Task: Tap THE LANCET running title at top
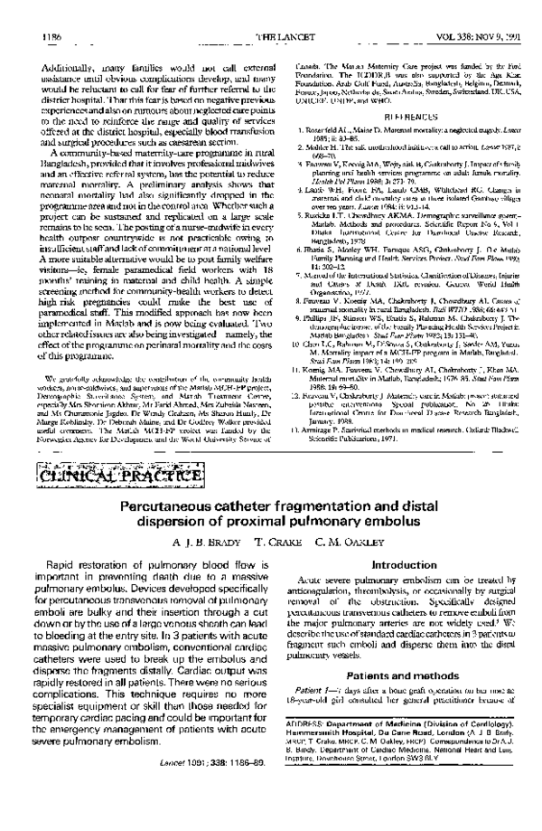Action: pyautogui.click(x=272, y=14)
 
